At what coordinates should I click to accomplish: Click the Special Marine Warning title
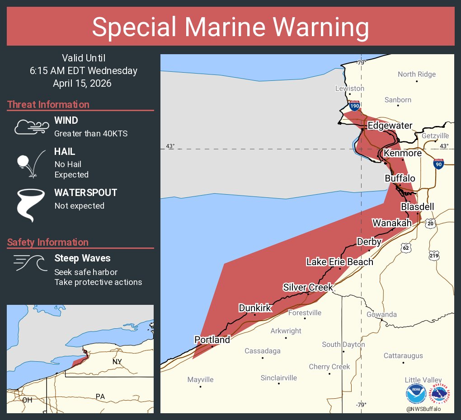pos(230,27)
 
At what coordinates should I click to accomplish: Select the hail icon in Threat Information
pos(31,163)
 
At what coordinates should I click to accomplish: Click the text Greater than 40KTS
pos(91,134)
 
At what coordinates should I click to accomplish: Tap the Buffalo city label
pos(400,178)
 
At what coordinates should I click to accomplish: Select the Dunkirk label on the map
pos(255,308)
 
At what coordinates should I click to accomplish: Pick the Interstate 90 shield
pos(438,164)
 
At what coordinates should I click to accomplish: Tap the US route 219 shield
pos(434,256)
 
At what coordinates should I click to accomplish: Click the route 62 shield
pos(406,247)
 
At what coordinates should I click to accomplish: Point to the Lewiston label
pos(349,89)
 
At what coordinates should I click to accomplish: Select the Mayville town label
pos(200,380)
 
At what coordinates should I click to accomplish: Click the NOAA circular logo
pos(416,394)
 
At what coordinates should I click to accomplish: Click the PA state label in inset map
pos(100,397)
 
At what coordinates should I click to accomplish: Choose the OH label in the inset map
pos(27,400)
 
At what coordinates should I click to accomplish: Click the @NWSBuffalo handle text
pos(423,409)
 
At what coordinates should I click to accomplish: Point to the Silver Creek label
pos(308,287)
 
